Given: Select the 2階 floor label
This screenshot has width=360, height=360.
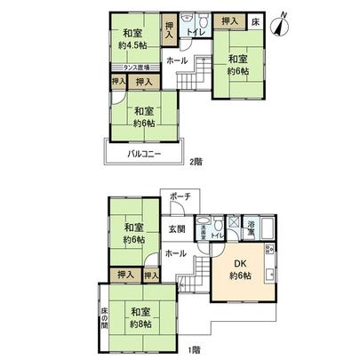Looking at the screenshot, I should coord(195,161).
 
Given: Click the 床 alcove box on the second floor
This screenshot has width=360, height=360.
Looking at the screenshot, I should coord(254,19).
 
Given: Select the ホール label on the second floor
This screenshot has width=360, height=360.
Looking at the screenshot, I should coord(176,61).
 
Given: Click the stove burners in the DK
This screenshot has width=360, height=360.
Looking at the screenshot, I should coord(269,251).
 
